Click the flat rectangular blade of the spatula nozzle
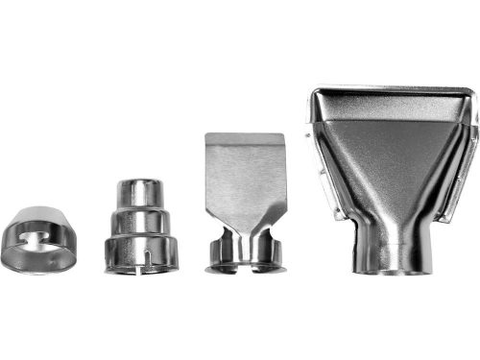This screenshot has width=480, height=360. pos(244,169)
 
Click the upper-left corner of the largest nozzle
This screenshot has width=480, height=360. pos(316,94)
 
